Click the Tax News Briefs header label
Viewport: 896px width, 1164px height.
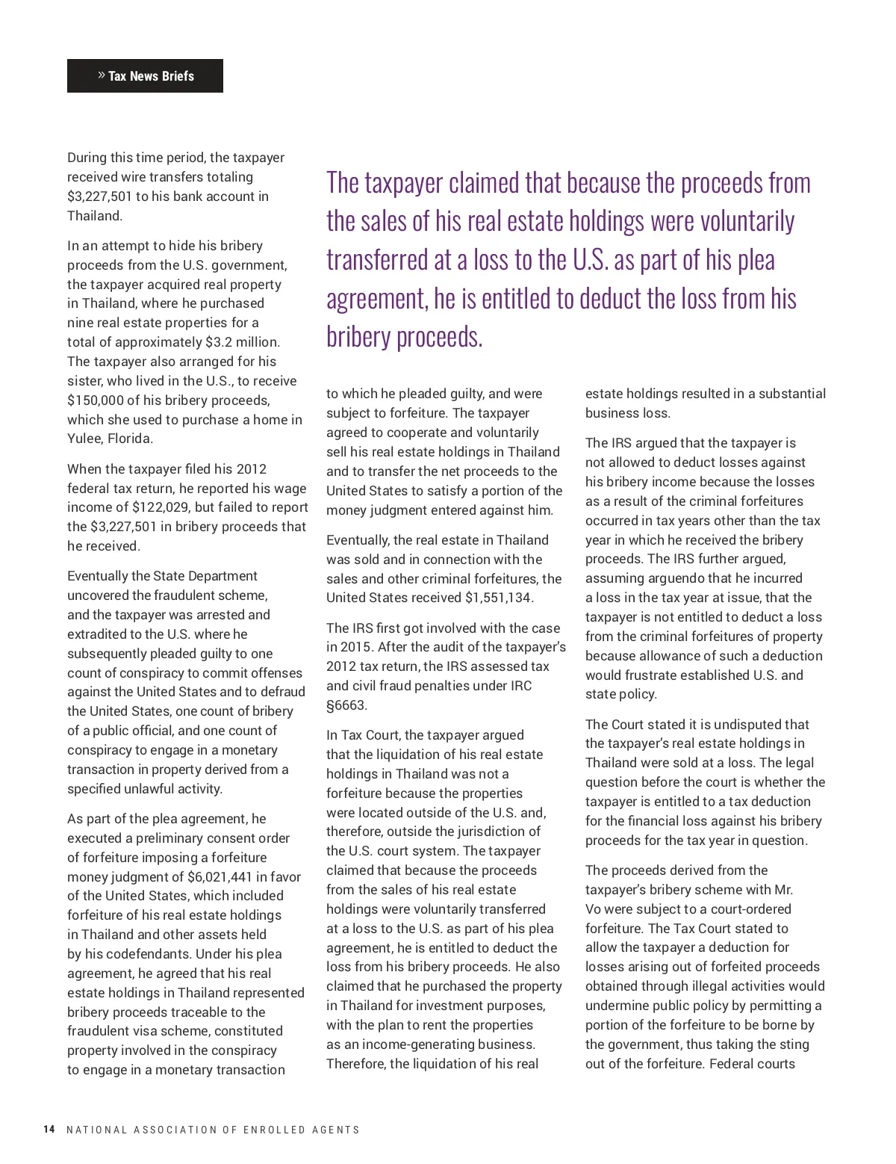tap(151, 76)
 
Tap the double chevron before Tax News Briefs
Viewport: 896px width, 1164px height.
tap(101, 75)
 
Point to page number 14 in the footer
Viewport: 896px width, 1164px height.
tap(49, 1130)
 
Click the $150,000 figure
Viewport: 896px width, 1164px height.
tap(93, 400)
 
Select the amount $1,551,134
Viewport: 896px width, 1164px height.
tap(499, 598)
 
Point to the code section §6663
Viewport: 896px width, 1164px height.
tap(347, 705)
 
